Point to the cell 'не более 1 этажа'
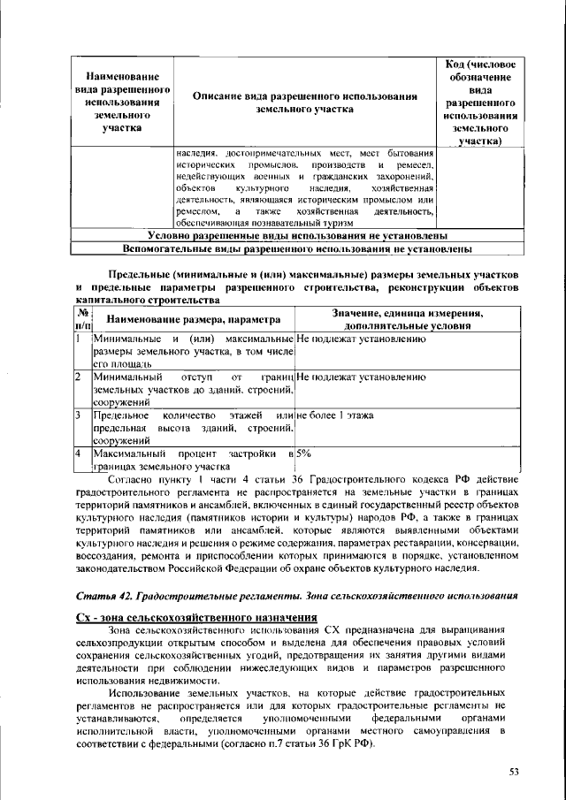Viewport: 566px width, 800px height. pyautogui.click(x=335, y=415)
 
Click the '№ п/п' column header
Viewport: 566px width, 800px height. pyautogui.click(x=80, y=318)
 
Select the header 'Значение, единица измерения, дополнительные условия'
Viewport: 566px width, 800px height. pyautogui.click(x=407, y=318)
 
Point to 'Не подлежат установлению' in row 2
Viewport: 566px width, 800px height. pyautogui.click(x=362, y=377)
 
